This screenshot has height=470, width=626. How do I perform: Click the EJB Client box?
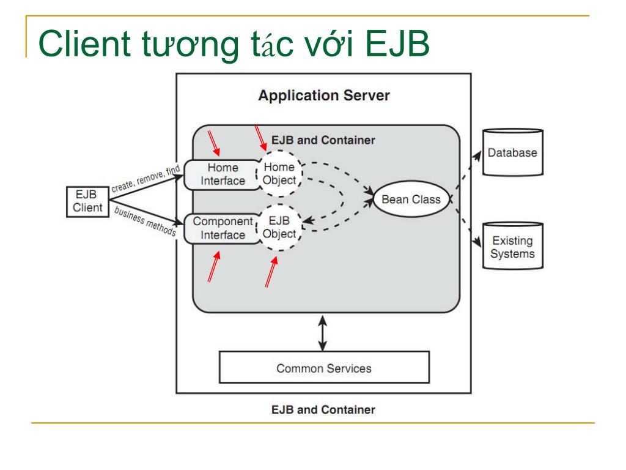click(x=87, y=201)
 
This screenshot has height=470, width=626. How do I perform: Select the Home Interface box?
click(x=221, y=174)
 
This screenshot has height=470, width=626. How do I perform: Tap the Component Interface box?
click(x=221, y=228)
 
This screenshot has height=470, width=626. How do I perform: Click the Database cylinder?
click(x=513, y=152)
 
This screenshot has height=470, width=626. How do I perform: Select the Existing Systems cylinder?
click(x=513, y=246)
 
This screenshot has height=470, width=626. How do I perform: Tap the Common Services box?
click(x=324, y=367)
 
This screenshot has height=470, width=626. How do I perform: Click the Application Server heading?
click(x=324, y=95)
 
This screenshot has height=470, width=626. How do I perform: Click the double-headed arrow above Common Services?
click(x=323, y=334)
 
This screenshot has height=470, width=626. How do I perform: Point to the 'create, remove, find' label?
click(x=145, y=179)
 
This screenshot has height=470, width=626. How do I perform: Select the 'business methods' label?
click(x=145, y=221)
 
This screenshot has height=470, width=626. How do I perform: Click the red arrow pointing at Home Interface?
click(x=213, y=143)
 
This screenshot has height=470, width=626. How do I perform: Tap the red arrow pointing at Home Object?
click(x=260, y=138)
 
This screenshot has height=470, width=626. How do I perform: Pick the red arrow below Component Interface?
click(x=214, y=267)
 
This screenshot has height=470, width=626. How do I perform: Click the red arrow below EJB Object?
click(x=271, y=272)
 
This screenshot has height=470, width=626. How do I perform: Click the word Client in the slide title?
click(x=84, y=43)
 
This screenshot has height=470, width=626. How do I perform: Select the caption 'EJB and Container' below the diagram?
click(x=323, y=409)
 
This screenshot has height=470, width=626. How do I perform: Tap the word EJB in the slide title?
click(x=397, y=43)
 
